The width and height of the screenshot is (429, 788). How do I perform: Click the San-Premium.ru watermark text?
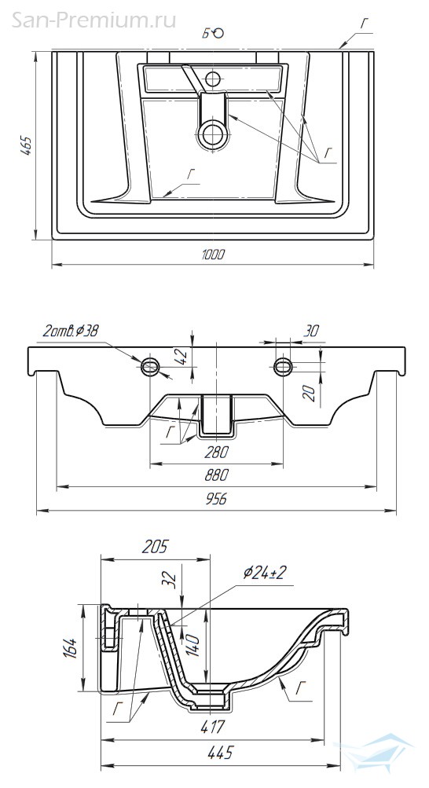tap(93, 20)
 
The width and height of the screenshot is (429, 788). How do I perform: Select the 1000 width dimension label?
tap(214, 255)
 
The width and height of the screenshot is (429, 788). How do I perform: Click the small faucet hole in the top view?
tap(213, 79)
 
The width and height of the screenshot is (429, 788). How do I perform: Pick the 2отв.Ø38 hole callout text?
tap(71, 331)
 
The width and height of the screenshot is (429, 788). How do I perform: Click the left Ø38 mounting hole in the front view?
tap(150, 366)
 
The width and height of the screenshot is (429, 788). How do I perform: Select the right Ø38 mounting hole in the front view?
tap(283, 366)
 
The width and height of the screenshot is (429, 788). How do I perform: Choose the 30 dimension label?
tap(311, 331)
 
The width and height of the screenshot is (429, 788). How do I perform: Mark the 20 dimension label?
tap(310, 393)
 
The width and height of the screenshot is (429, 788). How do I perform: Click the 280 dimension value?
tap(217, 452)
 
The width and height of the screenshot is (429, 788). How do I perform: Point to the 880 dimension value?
tap(217, 475)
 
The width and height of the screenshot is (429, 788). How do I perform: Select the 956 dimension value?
tap(217, 499)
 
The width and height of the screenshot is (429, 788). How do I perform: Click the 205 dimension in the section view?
tap(155, 547)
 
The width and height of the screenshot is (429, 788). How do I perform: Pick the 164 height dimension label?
tap(71, 648)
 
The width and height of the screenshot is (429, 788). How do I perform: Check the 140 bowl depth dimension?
tap(195, 645)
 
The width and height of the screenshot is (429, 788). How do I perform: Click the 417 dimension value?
tap(211, 727)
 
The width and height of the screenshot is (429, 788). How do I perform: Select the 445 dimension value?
tap(220, 753)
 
